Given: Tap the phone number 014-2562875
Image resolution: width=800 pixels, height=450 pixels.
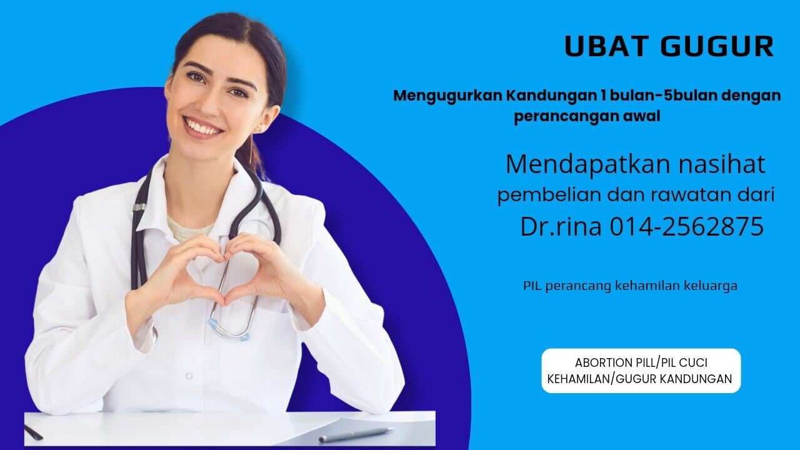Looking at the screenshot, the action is coord(686,226).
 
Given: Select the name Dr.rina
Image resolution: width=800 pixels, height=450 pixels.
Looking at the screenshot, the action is coord(561,226).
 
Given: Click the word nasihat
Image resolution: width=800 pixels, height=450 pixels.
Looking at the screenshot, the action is coord(721,164).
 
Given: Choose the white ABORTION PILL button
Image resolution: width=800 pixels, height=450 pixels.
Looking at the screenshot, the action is coord(641,371).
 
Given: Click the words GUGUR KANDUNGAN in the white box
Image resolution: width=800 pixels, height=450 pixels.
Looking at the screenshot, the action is coord(674,379).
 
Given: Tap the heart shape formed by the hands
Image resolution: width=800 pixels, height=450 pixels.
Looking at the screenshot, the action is coord(224,271).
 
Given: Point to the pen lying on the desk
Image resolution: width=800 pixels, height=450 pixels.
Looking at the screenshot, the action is coord(356,434).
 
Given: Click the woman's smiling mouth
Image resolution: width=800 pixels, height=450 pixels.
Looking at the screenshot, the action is coord(202,127).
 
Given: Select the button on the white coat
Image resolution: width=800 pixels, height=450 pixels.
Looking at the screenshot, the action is coord(189,376).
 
